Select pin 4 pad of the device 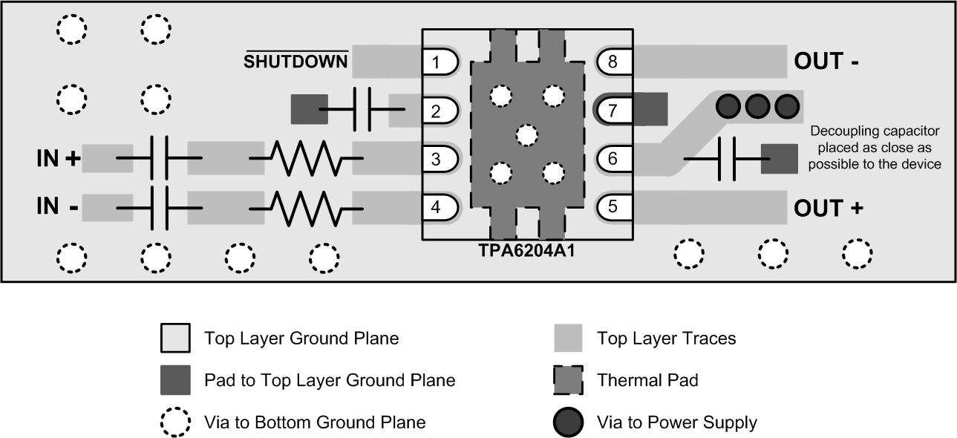436,207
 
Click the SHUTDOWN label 297,62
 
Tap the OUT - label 826,62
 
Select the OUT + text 829,209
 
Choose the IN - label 57,206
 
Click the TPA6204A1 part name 526,251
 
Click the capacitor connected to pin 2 362,111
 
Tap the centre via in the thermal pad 526,135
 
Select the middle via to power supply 757,107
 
